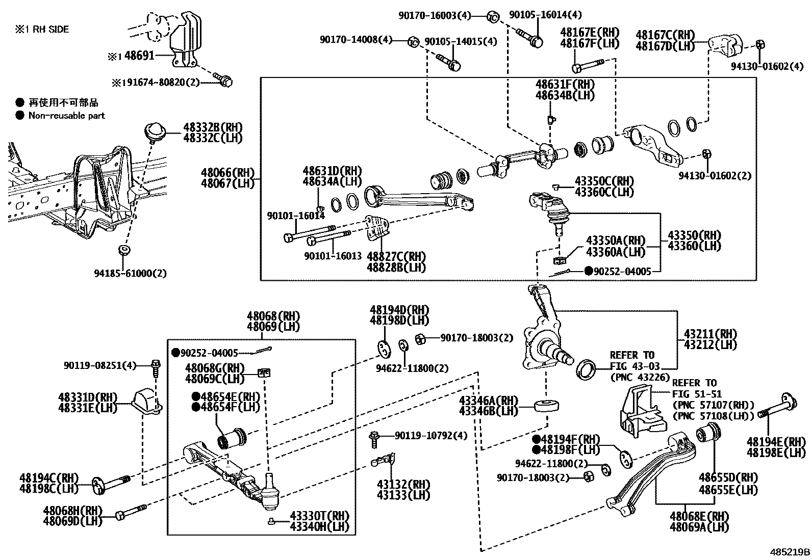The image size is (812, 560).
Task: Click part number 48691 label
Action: click(x=139, y=56)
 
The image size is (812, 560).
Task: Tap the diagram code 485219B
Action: click(x=790, y=552)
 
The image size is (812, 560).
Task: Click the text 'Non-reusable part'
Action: click(x=66, y=116)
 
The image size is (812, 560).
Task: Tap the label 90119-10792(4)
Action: click(x=431, y=436)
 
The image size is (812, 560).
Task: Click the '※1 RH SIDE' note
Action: click(x=42, y=30)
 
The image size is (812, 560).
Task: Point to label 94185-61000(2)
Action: click(x=131, y=273)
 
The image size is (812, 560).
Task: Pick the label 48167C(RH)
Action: click(x=665, y=35)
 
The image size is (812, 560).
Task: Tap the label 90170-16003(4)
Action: click(x=435, y=16)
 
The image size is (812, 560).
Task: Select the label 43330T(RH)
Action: click(x=320, y=516)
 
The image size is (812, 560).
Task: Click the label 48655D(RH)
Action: click(x=728, y=478)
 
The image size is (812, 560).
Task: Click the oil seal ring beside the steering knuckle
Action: click(x=585, y=369)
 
